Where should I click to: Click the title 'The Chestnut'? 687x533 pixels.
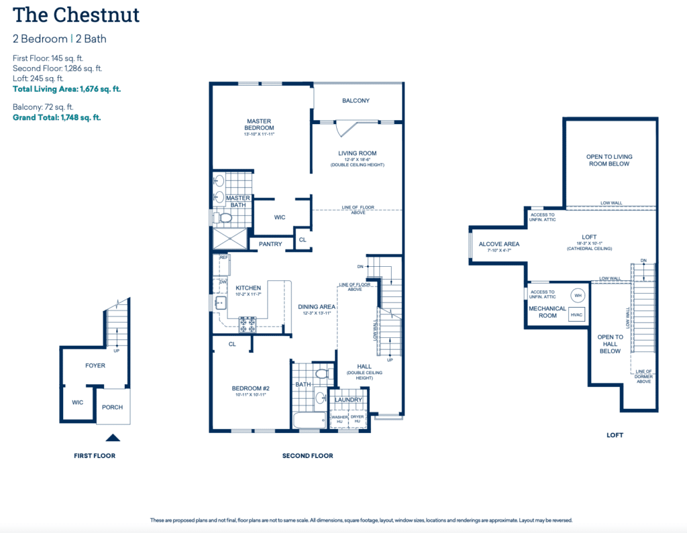pyautogui.click(x=76, y=14)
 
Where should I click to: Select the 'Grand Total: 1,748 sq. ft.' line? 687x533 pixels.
pyautogui.click(x=57, y=117)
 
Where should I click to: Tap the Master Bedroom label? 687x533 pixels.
pyautogui.click(x=259, y=124)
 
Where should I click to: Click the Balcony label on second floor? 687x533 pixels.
pyautogui.click(x=356, y=101)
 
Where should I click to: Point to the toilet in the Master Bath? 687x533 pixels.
pyautogui.click(x=223, y=218)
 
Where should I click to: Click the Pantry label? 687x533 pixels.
pyautogui.click(x=270, y=245)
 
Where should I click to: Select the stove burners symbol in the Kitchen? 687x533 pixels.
pyautogui.click(x=248, y=324)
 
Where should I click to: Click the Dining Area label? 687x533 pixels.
pyautogui.click(x=317, y=307)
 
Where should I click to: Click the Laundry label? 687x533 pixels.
pyautogui.click(x=348, y=400)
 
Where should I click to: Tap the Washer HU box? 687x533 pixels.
pyautogui.click(x=339, y=418)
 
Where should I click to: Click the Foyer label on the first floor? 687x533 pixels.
pyautogui.click(x=95, y=366)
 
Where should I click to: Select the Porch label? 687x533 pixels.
pyautogui.click(x=112, y=407)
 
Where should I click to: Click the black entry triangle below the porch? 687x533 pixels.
pyautogui.click(x=113, y=438)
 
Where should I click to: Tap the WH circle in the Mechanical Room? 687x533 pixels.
pyautogui.click(x=578, y=295)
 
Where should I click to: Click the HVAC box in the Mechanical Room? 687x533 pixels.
pyautogui.click(x=576, y=314)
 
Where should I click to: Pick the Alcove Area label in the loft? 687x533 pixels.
pyautogui.click(x=498, y=244)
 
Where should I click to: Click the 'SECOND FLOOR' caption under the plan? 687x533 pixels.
pyautogui.click(x=307, y=456)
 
